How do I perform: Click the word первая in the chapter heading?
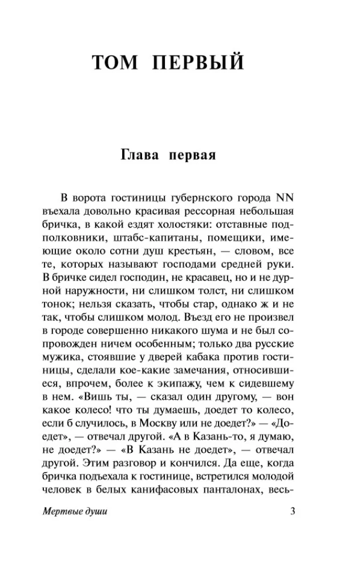point(192,155)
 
